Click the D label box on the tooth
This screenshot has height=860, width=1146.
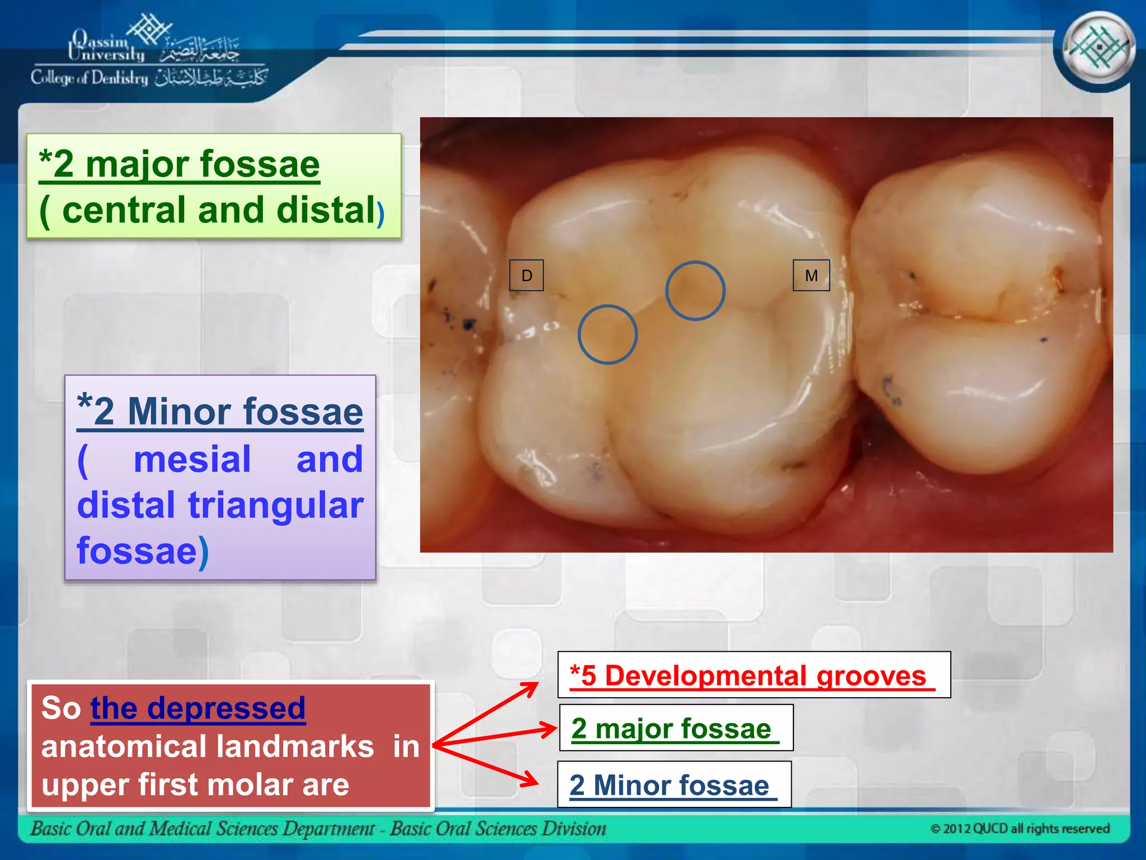[526, 275]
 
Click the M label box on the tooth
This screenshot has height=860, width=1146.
[811, 275]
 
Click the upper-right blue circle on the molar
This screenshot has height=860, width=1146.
[695, 291]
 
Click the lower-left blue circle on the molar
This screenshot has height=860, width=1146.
[607, 334]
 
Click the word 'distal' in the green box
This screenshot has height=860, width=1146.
[325, 210]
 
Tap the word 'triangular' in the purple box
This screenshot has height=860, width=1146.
[275, 505]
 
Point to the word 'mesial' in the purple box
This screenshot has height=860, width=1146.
[192, 459]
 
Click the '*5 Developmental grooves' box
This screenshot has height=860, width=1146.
[753, 675]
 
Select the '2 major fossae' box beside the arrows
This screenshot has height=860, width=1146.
[676, 728]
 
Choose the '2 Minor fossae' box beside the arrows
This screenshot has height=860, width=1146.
[674, 784]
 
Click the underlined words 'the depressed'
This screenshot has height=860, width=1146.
[198, 708]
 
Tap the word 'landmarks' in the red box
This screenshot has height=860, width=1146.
[295, 746]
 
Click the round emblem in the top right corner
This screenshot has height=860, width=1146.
[1098, 48]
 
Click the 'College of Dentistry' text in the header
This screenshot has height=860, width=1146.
[90, 78]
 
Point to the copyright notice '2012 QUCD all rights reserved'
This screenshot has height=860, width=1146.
[1020, 828]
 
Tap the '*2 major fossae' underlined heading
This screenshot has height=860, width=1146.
[179, 164]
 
